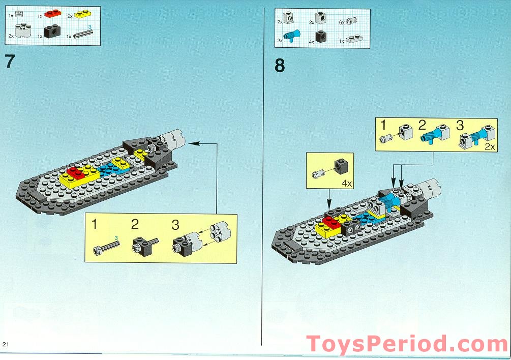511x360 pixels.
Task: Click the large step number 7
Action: click(10, 62)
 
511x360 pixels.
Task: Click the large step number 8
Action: click(280, 66)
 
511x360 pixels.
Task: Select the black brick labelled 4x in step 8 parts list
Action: click(321, 36)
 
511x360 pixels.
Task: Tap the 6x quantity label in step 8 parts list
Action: click(342, 22)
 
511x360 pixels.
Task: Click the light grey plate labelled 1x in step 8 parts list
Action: click(352, 38)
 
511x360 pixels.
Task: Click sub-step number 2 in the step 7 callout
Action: click(135, 224)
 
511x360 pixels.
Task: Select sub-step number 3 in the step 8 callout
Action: click(460, 125)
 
